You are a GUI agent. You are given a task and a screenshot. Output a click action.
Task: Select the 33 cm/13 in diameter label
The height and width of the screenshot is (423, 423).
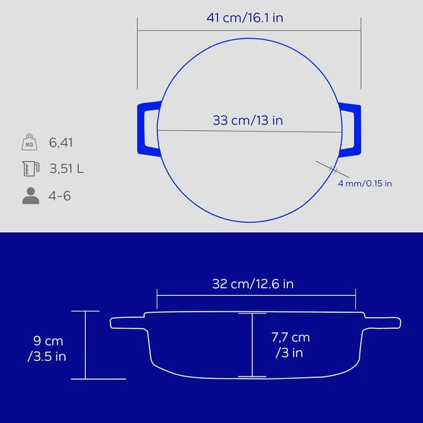[x=248, y=120]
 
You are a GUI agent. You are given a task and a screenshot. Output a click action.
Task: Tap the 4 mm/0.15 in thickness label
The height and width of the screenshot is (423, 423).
[x=364, y=184]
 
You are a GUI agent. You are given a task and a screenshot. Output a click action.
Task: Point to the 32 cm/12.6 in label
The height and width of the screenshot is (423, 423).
[x=253, y=284]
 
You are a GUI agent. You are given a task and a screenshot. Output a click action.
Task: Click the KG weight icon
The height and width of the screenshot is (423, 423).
[x=30, y=142]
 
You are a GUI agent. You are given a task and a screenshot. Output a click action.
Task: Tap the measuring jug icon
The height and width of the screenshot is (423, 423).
[x=30, y=169]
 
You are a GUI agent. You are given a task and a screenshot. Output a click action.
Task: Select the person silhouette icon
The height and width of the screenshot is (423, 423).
[x=30, y=196]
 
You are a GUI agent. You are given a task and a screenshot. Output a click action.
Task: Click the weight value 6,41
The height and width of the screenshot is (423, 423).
[x=61, y=143]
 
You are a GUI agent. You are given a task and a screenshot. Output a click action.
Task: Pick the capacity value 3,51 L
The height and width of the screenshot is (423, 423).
[x=66, y=169]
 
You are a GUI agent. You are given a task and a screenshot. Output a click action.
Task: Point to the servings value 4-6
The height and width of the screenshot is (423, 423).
[x=60, y=196]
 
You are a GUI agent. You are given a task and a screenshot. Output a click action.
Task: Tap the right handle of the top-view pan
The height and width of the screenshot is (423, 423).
[x=352, y=129]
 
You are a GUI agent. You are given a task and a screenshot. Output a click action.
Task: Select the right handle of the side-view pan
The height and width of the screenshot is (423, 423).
[x=384, y=323]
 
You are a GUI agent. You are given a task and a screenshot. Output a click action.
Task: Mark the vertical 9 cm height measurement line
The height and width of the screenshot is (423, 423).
[x=86, y=345]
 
